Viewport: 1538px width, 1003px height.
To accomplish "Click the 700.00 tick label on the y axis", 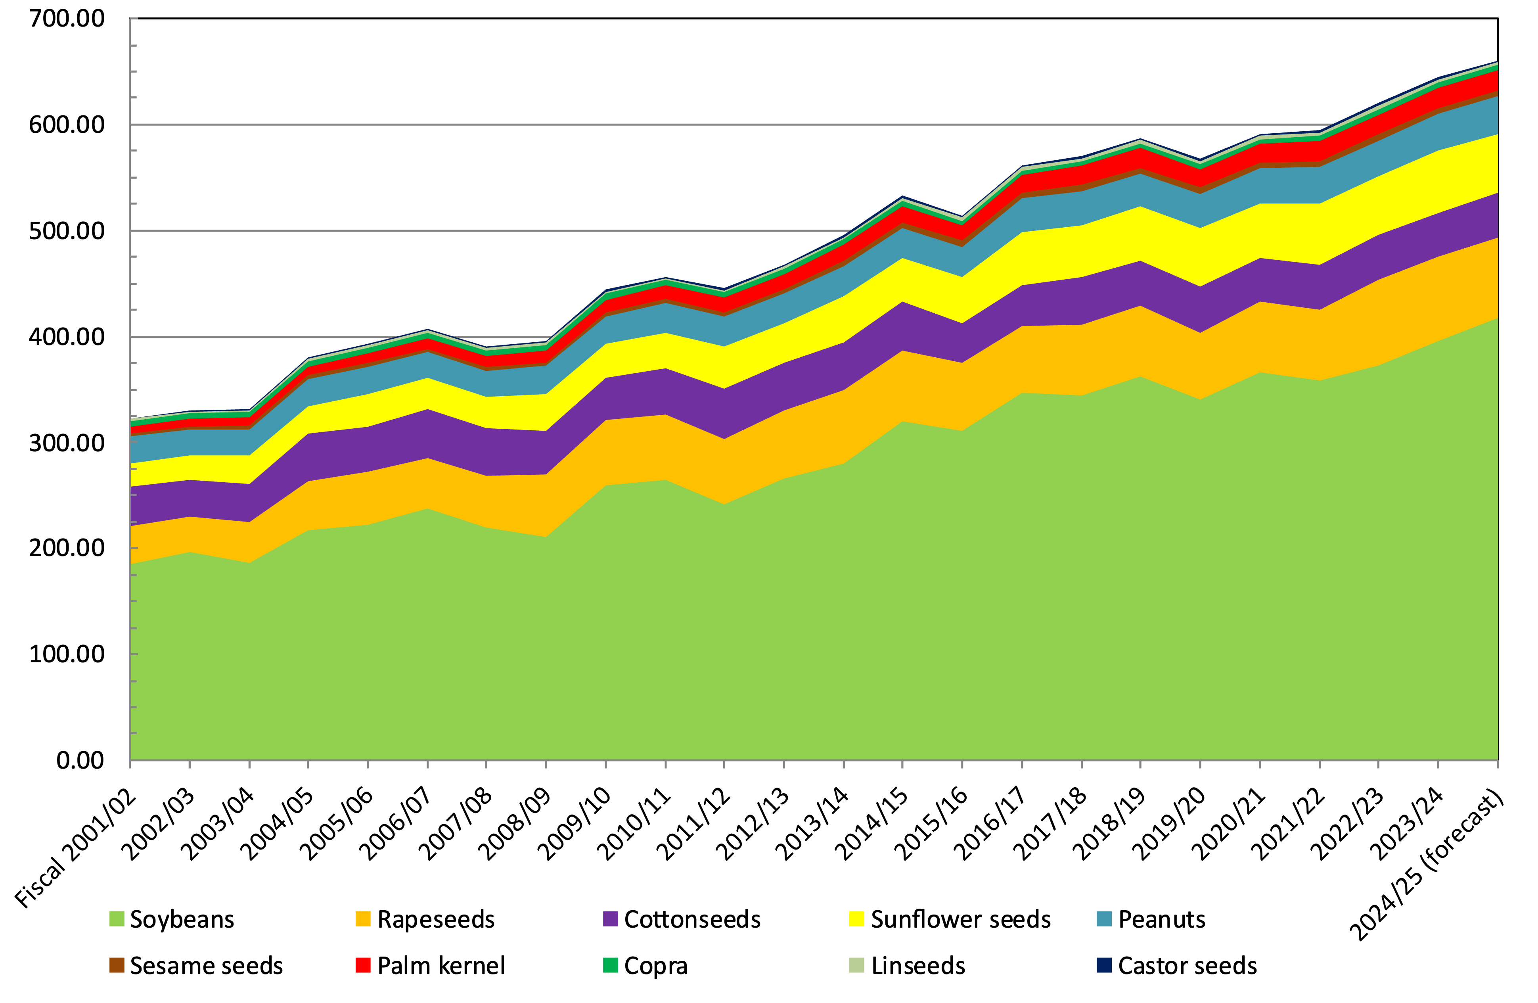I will click(x=67, y=19).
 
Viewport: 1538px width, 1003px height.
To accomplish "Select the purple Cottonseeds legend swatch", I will click(x=610, y=919).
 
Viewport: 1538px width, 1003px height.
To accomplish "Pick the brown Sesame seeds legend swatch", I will click(x=116, y=965).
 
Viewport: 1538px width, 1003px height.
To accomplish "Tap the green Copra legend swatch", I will click(x=610, y=965).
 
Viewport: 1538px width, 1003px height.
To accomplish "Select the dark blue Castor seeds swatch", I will click(x=1104, y=965).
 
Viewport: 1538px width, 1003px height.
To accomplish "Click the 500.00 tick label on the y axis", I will click(x=67, y=231).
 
